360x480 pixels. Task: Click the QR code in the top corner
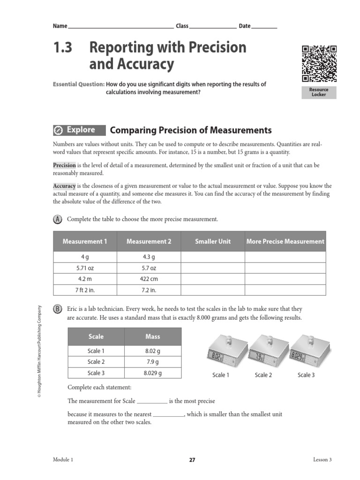pos(319,63)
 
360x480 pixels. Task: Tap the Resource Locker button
pos(319,92)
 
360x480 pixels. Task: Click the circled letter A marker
pos(58,219)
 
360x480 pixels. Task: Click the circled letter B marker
pos(58,309)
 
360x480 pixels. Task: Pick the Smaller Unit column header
pos(213,241)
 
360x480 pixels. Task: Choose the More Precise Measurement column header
pos(285,241)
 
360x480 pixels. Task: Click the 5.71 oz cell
pos(85,268)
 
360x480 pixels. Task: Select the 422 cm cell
pos(149,279)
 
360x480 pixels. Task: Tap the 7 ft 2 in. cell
pos(85,290)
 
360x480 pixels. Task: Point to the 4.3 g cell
pos(149,257)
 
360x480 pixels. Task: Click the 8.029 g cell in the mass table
pos(153,373)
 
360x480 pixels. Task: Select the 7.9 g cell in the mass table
pos(153,362)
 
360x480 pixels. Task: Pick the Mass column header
pos(153,337)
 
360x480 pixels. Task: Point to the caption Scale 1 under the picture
pos(221,375)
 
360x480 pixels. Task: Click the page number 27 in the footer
pos(192,460)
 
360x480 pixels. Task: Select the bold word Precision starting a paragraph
pos(64,165)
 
